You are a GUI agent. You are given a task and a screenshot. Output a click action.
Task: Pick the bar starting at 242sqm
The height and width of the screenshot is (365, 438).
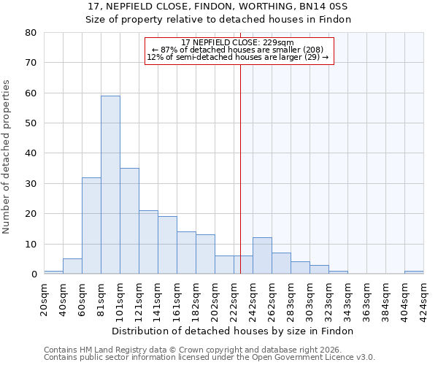(262, 255)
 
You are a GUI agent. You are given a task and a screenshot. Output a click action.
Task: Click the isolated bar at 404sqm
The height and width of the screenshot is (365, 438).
(413, 272)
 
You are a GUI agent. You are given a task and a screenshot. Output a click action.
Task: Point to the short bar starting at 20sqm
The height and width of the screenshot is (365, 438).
(53, 272)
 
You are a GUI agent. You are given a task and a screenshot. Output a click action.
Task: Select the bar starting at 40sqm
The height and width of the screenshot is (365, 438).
(72, 266)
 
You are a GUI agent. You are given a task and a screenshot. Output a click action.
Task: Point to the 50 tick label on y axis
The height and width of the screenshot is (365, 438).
(31, 123)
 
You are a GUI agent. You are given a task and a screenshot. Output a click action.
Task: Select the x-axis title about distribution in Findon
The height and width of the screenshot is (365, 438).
(234, 331)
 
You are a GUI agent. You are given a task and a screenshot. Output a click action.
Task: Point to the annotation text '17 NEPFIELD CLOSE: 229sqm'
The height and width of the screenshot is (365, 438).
(237, 43)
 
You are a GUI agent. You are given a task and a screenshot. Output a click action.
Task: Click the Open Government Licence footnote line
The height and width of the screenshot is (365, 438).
(210, 357)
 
